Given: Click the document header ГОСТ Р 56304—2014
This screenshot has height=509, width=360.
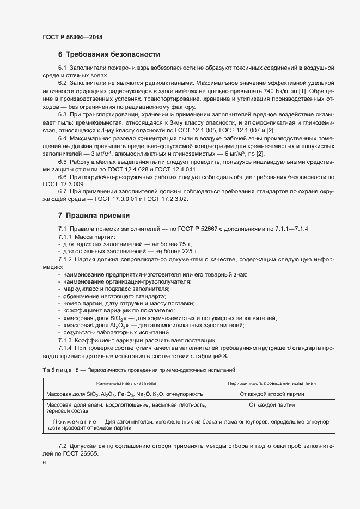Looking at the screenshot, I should point(72,37).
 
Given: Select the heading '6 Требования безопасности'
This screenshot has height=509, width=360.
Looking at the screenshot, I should point(109,54).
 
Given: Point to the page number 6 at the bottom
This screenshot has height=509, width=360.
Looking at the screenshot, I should point(44,462).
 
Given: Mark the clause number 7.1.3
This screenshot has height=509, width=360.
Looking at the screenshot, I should point(65,340).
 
